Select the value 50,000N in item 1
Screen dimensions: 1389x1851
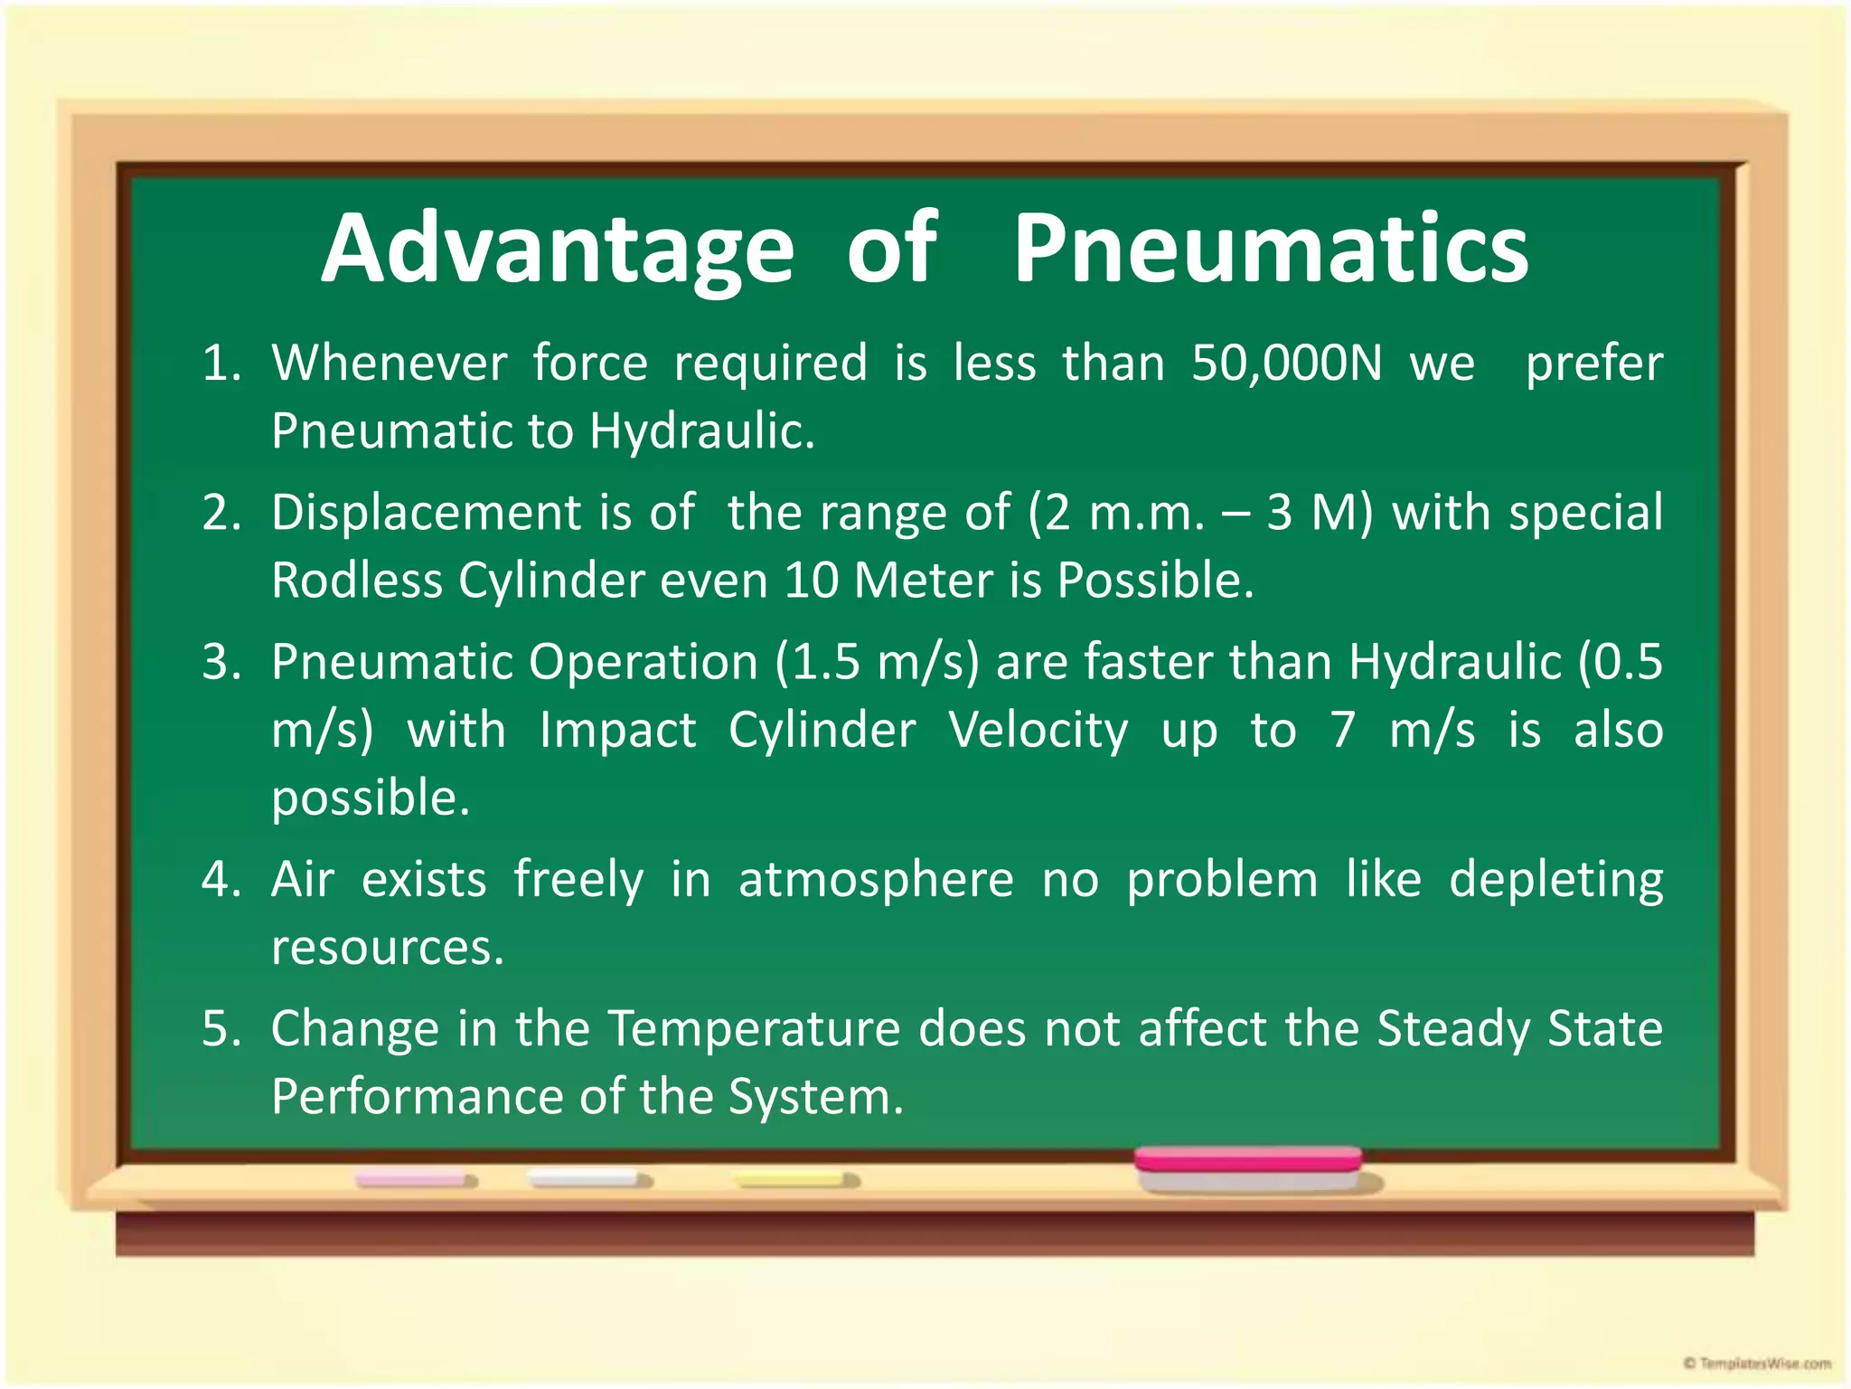pyautogui.click(x=1286, y=364)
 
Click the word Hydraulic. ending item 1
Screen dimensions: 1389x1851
pyautogui.click(x=701, y=431)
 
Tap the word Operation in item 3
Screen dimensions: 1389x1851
pyautogui.click(x=643, y=662)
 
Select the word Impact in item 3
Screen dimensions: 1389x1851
pyautogui.click(x=617, y=730)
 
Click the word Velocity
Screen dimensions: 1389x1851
pyautogui.click(x=1038, y=730)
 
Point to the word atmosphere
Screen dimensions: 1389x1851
pyautogui.click(x=876, y=880)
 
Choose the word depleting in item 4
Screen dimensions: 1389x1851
pyautogui.click(x=1555, y=880)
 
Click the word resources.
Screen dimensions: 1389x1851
pyautogui.click(x=387, y=948)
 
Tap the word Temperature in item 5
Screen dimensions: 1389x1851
pyautogui.click(x=753, y=1029)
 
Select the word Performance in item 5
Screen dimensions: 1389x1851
pyautogui.click(x=417, y=1097)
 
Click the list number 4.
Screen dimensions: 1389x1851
pyautogui.click(x=220, y=880)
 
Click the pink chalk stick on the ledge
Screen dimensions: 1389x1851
pyautogui.click(x=414, y=1180)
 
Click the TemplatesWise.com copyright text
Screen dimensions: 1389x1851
pyautogui.click(x=1757, y=1363)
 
